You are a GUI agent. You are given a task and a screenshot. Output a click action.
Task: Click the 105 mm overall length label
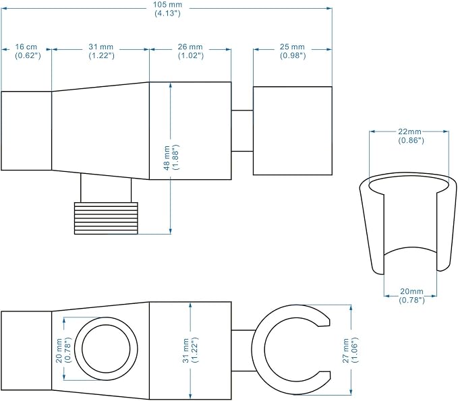[167, 9]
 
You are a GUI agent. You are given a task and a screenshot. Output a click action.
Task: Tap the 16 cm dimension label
[28, 51]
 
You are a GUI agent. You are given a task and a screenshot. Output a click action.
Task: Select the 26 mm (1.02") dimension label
[190, 51]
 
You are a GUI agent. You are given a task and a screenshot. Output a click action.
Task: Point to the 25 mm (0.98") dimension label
[292, 51]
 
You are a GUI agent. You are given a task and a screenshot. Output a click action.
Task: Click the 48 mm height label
[171, 158]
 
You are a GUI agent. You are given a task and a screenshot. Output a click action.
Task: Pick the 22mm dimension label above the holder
[411, 136]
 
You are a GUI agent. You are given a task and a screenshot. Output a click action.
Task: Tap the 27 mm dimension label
[350, 350]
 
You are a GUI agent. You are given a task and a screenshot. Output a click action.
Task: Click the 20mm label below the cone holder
[411, 296]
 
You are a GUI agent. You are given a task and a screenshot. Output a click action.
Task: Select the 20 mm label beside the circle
[63, 350]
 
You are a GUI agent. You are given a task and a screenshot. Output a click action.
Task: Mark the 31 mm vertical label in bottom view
[190, 350]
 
